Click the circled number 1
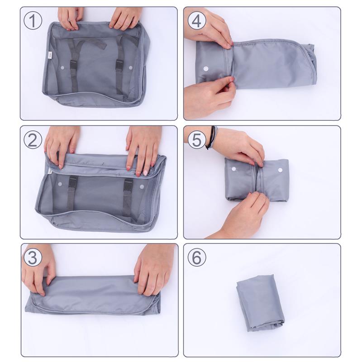click(x=33, y=21)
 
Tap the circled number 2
click(x=33, y=139)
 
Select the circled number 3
click(x=33, y=257)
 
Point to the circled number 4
click(x=196, y=21)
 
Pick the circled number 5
click(x=196, y=139)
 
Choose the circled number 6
click(x=196, y=257)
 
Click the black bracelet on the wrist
click(x=211, y=138)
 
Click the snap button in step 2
click(x=142, y=186)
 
